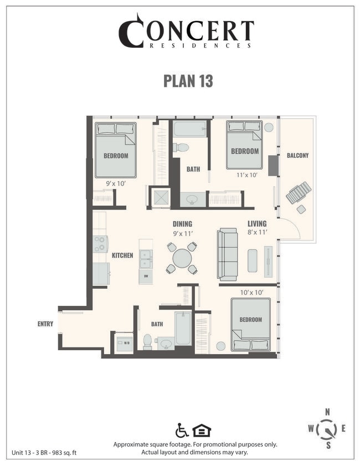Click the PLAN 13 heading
coord(188,80)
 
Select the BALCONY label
coord(297,156)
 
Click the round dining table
coord(182,258)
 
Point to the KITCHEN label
coord(122,255)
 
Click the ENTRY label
coord(45,324)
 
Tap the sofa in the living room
coord(227,254)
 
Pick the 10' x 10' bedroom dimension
coord(251,292)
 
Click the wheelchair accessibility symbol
coord(181,430)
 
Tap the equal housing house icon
coord(202,430)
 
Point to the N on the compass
coord(328,411)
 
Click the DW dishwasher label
coord(146,276)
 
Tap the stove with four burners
coord(100,244)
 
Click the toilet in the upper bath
coord(181,147)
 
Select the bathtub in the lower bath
coord(183,329)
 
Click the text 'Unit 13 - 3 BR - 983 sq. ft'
coord(44,453)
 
